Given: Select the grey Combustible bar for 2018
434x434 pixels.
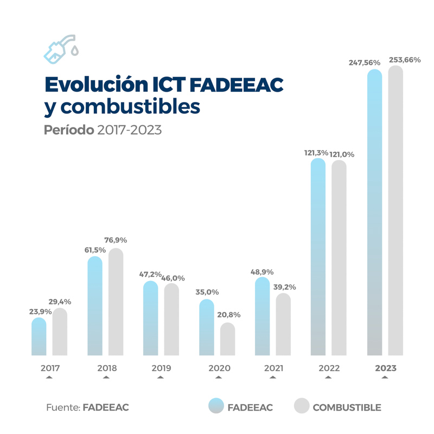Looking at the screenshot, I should coord(116,302).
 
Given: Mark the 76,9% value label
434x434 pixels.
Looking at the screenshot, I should coord(116,240).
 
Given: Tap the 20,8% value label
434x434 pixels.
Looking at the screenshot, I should coord(228,315).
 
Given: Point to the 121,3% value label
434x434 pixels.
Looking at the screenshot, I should coord(316,153).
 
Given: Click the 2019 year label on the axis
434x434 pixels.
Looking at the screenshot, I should coord(161,368).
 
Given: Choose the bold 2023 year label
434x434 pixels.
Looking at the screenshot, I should coord(385,368).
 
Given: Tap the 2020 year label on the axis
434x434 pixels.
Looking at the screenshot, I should coord(219,368).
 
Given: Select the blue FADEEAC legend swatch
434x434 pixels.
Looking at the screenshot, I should coord(216,406).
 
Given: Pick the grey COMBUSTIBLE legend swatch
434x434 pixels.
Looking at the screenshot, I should coord(301,406).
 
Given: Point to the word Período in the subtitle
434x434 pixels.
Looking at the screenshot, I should coord(69,131).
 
